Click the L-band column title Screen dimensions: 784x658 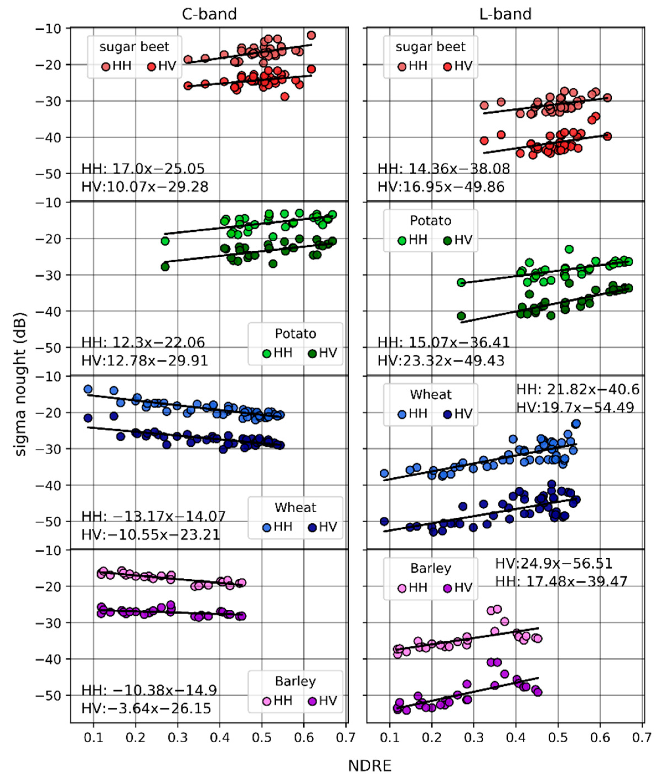click(x=505, y=14)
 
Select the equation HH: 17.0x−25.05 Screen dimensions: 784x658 click(x=143, y=169)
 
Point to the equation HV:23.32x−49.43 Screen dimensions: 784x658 click(x=441, y=361)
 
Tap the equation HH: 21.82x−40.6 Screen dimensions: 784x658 click(x=578, y=389)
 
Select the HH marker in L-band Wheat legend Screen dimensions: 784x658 click(x=402, y=414)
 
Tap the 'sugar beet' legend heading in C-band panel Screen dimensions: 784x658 click(x=134, y=47)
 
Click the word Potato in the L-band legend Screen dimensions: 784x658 click(x=430, y=221)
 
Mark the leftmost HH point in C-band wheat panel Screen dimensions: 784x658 click(x=88, y=389)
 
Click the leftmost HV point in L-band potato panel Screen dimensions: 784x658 click(x=461, y=316)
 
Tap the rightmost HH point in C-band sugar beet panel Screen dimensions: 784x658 click(x=311, y=35)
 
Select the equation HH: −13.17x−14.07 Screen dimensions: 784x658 click(x=153, y=516)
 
